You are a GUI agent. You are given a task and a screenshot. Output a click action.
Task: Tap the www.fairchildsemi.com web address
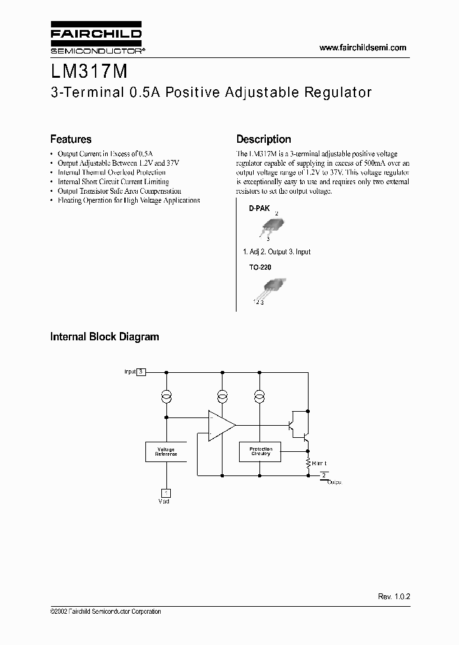point(362,48)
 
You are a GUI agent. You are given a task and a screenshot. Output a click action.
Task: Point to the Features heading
point(71,139)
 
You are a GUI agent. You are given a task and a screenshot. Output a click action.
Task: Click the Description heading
point(263,139)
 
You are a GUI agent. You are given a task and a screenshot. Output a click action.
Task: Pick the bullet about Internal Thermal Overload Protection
point(111,172)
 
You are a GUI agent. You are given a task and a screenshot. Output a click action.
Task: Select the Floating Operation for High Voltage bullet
point(128,200)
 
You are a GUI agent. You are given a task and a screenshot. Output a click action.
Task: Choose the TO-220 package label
point(259,268)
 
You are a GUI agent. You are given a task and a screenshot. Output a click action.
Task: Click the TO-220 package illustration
point(270,287)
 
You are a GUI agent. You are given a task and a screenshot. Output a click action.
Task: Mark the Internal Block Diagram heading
point(105,337)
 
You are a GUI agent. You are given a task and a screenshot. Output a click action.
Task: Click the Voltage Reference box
point(166,452)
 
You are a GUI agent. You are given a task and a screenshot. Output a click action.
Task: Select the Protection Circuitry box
point(260,452)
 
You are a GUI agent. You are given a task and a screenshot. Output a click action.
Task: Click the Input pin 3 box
point(142,372)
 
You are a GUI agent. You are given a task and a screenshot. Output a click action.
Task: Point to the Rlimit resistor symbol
point(308,463)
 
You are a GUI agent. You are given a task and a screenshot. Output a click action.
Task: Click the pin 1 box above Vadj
point(166,493)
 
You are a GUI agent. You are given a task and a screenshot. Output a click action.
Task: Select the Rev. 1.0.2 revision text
point(394,597)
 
